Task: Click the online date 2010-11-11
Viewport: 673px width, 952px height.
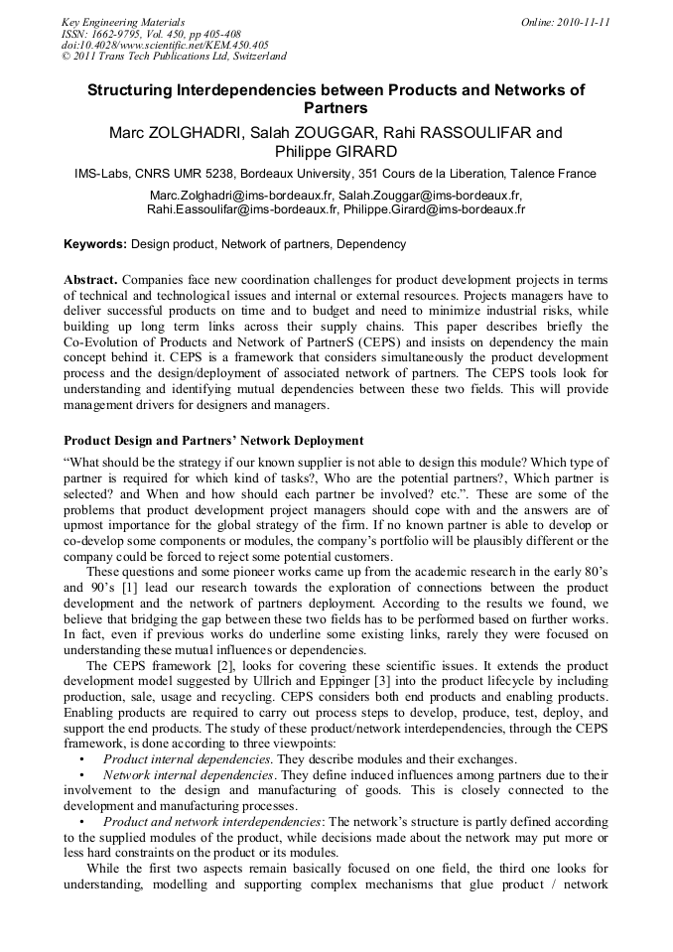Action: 574,21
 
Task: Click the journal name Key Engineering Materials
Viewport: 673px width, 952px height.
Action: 123,21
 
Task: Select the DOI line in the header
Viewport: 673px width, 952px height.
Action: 165,45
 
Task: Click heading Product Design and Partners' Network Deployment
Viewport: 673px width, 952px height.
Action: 213,440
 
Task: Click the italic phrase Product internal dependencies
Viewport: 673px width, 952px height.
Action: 186,760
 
